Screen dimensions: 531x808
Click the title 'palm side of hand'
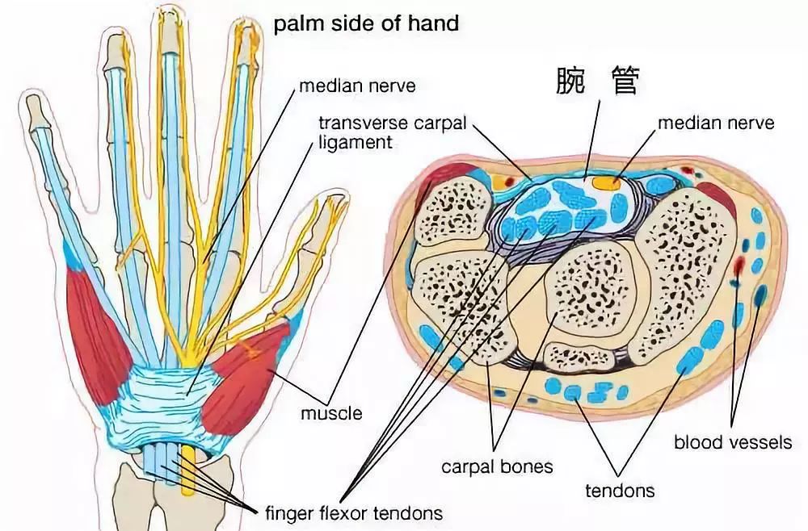point(366,23)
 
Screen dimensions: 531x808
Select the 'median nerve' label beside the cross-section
point(715,123)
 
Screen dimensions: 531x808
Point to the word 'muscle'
point(331,414)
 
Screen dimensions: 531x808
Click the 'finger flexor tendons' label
point(354,512)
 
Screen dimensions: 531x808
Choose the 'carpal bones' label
point(497,466)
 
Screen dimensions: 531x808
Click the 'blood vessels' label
point(733,442)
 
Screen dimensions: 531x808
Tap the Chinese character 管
point(626,82)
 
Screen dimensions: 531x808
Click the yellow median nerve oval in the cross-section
point(606,182)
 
